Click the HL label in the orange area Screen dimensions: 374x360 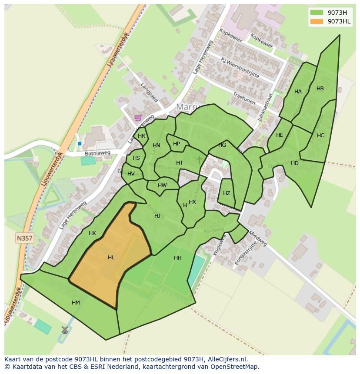[x=111, y=258]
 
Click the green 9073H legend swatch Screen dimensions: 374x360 [x=317, y=12]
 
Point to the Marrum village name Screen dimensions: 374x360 [x=192, y=107]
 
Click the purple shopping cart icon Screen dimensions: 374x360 [x=138, y=117]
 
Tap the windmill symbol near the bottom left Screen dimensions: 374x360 [x=65, y=330]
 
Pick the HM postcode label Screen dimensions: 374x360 [x=76, y=303]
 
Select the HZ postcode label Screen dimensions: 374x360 [x=227, y=193]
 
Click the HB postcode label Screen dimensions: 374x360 [x=320, y=89]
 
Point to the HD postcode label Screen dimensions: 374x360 [x=295, y=163]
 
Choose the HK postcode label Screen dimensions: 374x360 [x=92, y=233]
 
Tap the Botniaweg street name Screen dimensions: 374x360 [x=98, y=153]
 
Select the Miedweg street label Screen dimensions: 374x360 [x=258, y=238]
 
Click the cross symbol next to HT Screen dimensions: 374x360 [x=200, y=160]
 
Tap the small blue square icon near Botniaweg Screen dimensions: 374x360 [x=80, y=143]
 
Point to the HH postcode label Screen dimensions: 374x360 [x=177, y=258]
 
